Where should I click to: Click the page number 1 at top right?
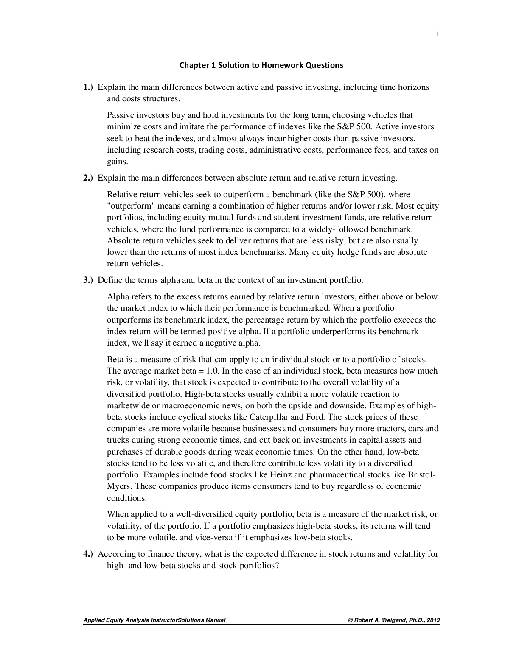pyautogui.click(x=437, y=34)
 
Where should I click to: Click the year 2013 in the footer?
pyautogui.click(x=433, y=620)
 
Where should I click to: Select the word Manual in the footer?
pyautogui.click(x=215, y=620)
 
